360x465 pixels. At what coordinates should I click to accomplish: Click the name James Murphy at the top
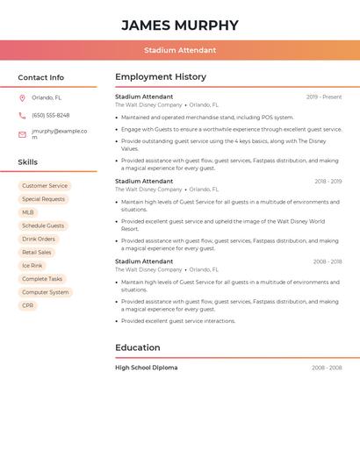(180, 25)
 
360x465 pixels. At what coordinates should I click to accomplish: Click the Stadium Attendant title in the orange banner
(180, 50)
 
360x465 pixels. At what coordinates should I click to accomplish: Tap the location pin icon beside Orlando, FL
(22, 98)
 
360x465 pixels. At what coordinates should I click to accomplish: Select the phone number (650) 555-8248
(50, 115)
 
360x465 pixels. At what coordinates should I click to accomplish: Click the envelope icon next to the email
(22, 134)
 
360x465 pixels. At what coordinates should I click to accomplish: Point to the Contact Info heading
(41, 77)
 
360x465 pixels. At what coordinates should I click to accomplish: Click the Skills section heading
(28, 162)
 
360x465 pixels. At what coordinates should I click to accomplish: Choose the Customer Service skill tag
(45, 186)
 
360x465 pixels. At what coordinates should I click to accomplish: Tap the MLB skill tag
(28, 212)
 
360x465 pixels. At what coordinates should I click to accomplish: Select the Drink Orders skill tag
(39, 239)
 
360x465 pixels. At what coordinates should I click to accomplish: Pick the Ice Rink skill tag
(32, 266)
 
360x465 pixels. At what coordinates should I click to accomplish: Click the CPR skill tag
(28, 305)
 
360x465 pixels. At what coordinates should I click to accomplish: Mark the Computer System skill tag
(46, 292)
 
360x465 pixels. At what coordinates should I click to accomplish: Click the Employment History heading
(161, 77)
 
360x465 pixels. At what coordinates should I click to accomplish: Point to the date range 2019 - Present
(324, 97)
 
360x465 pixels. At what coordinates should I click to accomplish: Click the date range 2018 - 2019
(328, 182)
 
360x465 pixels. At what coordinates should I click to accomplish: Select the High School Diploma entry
(146, 368)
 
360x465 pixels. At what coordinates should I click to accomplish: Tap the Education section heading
(138, 347)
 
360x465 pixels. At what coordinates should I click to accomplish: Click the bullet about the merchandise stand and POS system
(207, 117)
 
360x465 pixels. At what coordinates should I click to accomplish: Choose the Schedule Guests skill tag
(43, 225)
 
